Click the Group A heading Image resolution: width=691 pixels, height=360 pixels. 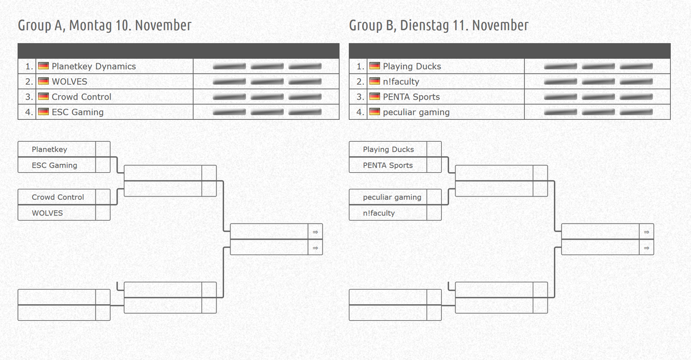tap(104, 25)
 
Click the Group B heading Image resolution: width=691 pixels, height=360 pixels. tap(438, 25)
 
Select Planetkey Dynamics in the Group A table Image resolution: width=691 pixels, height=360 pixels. tap(93, 66)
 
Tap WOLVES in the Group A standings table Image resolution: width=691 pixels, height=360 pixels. tap(69, 82)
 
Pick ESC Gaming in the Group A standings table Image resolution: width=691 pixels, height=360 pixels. tap(77, 112)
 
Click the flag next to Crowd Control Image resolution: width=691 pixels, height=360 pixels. tap(43, 97)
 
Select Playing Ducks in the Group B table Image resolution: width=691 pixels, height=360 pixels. tap(412, 66)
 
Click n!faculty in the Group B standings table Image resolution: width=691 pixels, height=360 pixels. tap(401, 82)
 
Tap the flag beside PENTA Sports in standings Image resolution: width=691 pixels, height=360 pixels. tap(374, 97)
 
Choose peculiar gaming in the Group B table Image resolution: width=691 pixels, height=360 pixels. tap(416, 112)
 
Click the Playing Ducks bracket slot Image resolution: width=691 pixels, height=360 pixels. tap(388, 149)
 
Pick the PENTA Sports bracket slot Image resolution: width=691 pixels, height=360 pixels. tap(388, 165)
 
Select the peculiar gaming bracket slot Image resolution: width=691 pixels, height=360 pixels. tap(392, 197)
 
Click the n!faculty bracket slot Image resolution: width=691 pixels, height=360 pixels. tap(379, 213)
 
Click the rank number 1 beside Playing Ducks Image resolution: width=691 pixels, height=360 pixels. tap(359, 66)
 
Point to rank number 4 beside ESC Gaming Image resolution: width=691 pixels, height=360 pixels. tap(28, 112)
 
